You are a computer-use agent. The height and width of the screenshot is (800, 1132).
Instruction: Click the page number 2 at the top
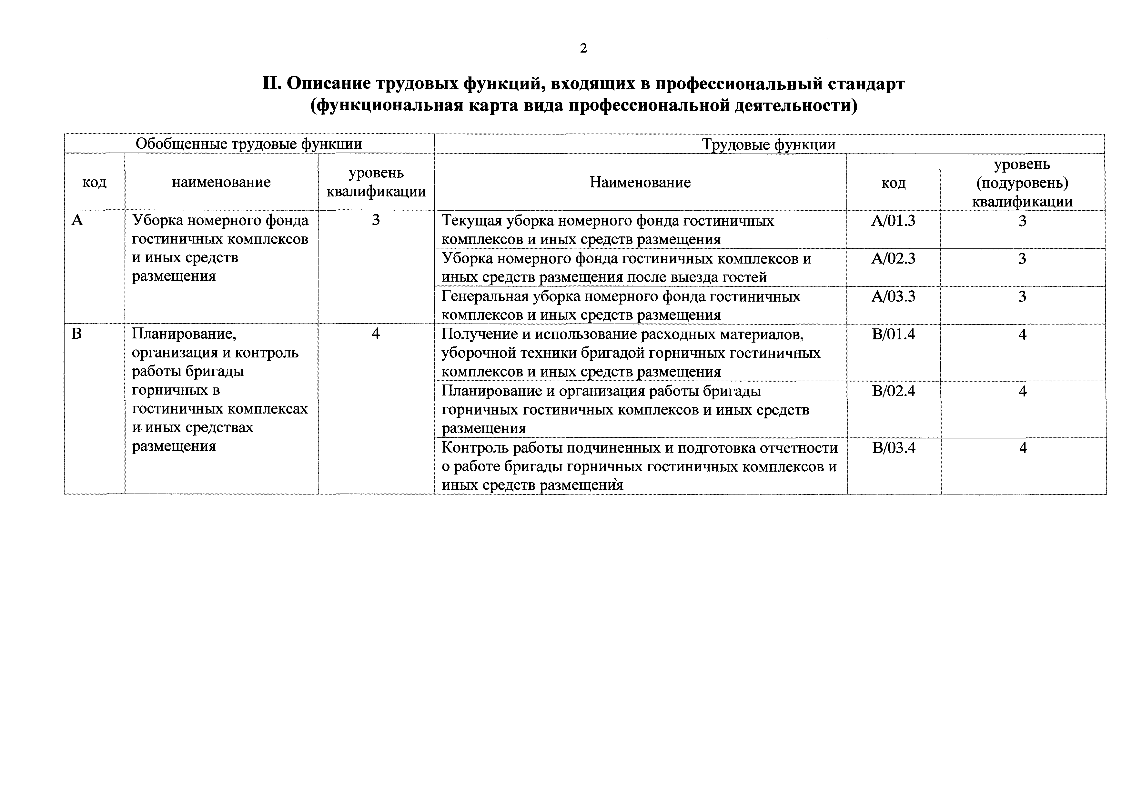(583, 48)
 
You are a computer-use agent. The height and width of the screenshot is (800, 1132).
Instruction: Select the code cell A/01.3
(893, 220)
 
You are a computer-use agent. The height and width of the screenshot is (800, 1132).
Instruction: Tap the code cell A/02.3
(893, 258)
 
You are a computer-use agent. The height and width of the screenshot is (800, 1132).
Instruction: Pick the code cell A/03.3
(893, 296)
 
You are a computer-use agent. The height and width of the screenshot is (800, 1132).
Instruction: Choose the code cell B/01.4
(893, 334)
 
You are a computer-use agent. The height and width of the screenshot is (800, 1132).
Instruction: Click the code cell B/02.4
(893, 391)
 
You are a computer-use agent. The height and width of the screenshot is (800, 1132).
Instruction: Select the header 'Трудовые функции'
(769, 145)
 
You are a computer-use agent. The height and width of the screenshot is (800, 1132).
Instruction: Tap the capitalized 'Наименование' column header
(640, 182)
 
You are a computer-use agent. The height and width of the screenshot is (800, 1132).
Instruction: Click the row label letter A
(77, 220)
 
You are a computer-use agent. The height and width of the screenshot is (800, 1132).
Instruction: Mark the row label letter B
(76, 334)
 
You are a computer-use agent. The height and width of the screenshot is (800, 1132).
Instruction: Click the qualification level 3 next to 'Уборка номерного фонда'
(376, 220)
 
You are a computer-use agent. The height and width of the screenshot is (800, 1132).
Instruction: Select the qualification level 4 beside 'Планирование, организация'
(376, 334)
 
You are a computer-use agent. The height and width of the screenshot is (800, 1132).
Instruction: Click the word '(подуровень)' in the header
(1022, 183)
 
